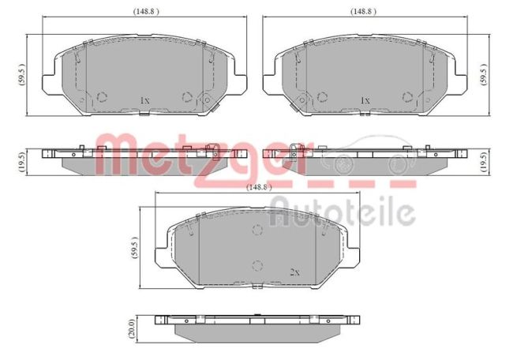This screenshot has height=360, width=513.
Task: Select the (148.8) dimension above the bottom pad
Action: (x=258, y=187)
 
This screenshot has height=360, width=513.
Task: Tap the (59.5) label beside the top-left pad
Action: (x=21, y=77)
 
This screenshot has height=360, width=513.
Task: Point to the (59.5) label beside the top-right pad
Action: (x=483, y=77)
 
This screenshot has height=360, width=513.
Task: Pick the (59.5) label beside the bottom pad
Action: (x=133, y=251)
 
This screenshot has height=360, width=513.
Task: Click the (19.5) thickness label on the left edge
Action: (x=21, y=163)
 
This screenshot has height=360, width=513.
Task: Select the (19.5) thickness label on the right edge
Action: (x=483, y=163)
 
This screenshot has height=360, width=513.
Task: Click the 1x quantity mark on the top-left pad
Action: (x=144, y=101)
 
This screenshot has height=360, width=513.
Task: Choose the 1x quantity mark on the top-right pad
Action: (x=365, y=101)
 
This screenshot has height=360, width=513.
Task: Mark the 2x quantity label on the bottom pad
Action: (x=294, y=272)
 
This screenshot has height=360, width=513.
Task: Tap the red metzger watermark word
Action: (x=189, y=156)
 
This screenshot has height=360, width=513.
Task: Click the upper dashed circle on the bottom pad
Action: (x=256, y=230)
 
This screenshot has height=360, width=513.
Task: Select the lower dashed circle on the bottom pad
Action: (x=256, y=264)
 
